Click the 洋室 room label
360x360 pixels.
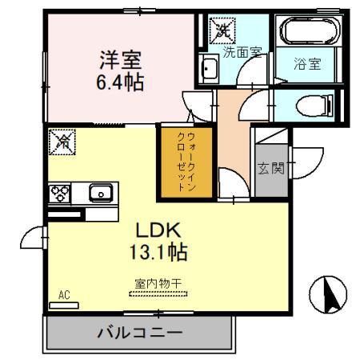pos(121,59)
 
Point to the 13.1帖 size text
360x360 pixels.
pos(158,253)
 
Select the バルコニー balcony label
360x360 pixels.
pos(140,331)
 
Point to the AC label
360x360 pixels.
pos(64,295)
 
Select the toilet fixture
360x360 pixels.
pos(306,104)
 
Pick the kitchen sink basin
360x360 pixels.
pos(100,192)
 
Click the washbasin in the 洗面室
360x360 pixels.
pos(209,70)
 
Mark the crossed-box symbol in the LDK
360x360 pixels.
pos(61,142)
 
